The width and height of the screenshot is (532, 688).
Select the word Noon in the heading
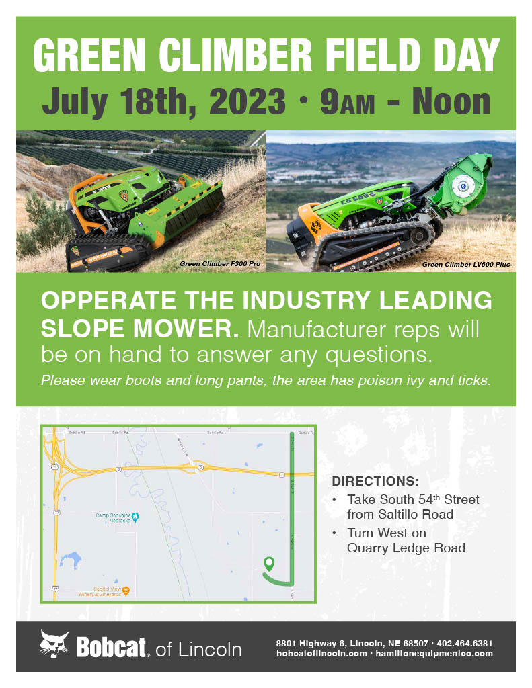451,101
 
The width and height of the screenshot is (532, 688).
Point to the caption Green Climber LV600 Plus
465,265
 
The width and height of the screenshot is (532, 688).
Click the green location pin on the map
269,563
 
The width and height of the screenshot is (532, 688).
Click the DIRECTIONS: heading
375,482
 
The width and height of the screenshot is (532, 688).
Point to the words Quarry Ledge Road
406,548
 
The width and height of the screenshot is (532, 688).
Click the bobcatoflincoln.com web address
321,653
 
